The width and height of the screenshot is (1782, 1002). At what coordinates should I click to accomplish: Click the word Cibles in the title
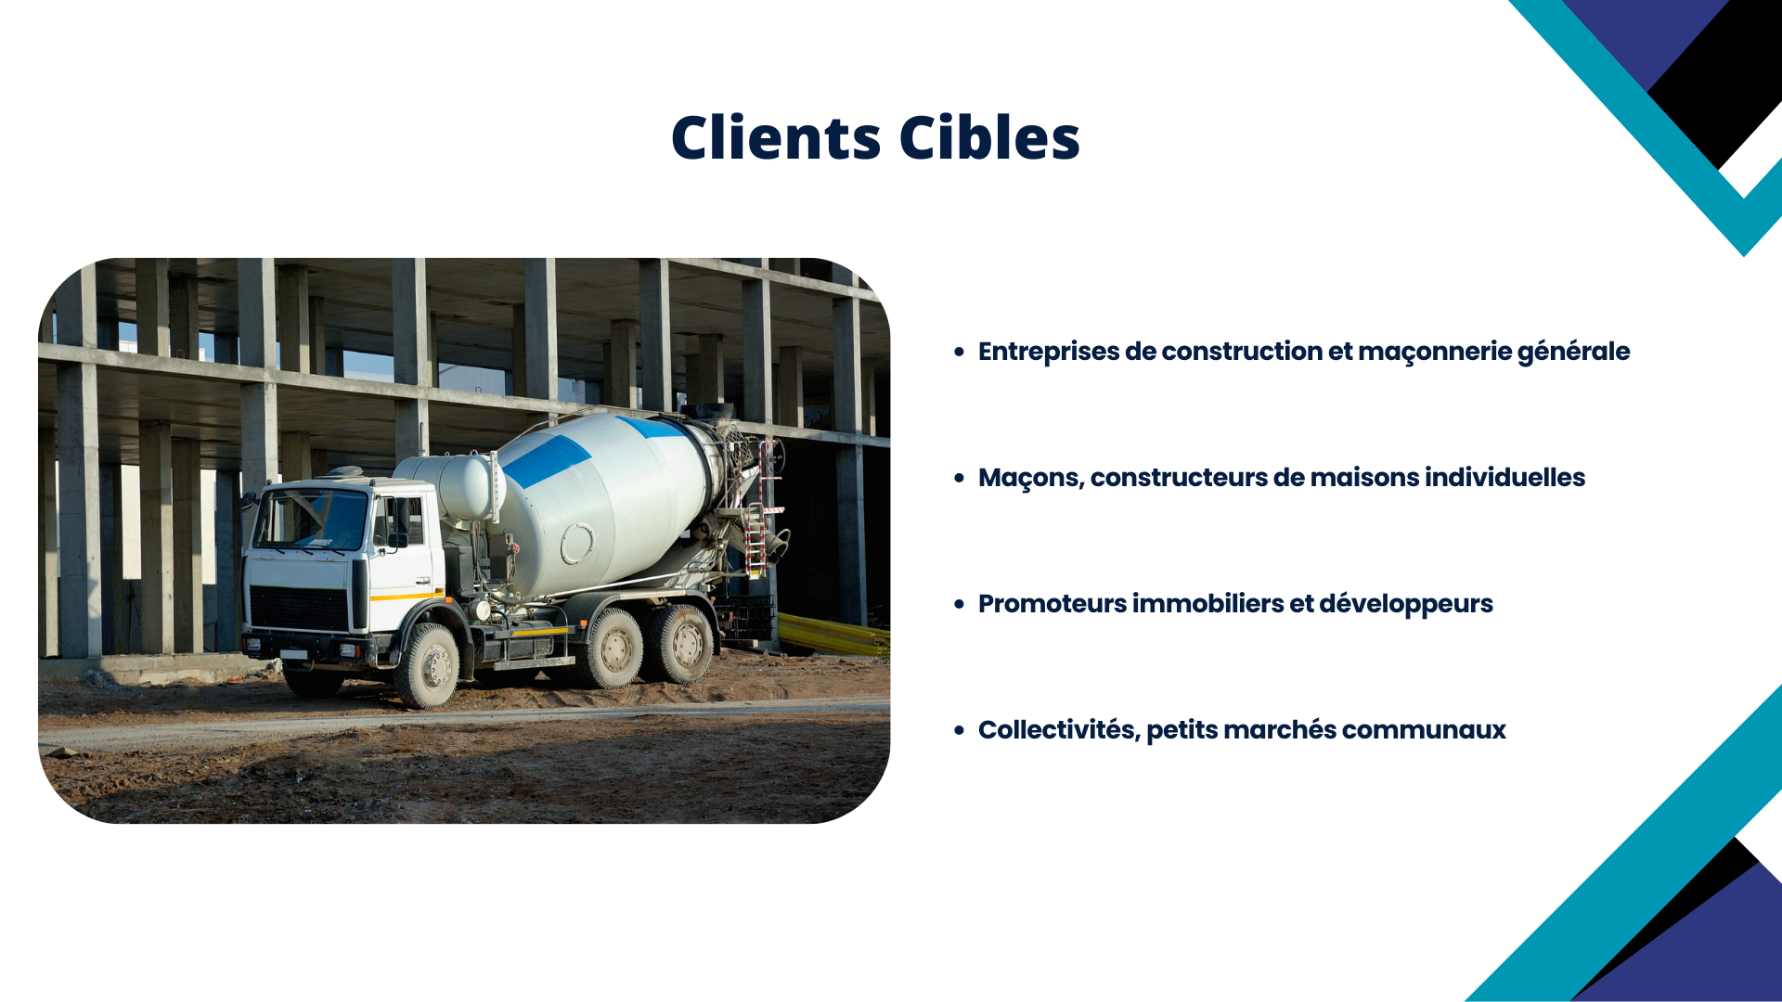(989, 137)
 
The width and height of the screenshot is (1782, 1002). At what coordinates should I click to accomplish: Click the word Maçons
(1031, 479)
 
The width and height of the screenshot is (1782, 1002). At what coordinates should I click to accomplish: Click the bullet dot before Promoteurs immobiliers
(960, 604)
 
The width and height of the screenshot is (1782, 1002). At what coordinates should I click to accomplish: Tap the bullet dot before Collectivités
(960, 730)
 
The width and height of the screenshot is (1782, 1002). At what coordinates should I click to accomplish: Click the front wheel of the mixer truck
(429, 664)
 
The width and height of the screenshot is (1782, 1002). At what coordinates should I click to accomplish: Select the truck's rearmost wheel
(685, 644)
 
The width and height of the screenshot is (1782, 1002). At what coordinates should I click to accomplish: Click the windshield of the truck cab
(312, 519)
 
